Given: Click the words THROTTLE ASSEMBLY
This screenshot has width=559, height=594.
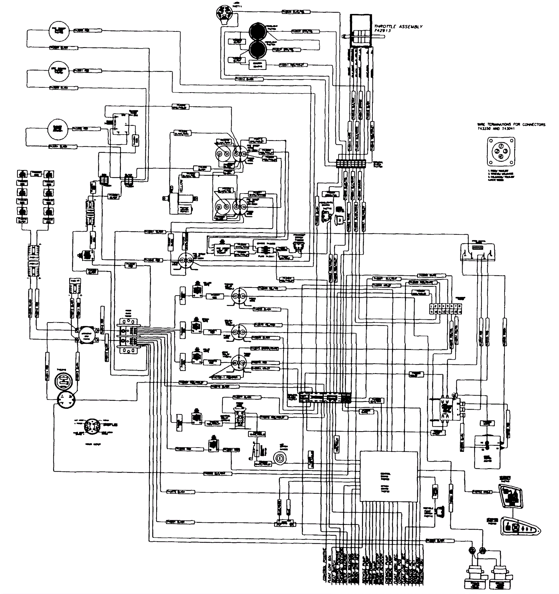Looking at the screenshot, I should point(398,27).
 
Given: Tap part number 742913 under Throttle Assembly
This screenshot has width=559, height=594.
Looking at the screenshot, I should point(382,31).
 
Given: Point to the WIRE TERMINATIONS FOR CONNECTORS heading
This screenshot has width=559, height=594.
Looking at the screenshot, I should point(511,124).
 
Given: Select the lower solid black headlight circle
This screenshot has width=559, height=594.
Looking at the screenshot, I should point(258,49).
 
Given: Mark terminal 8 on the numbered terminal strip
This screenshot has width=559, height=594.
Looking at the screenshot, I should point(460,306).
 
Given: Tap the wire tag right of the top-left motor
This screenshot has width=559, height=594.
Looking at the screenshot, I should point(81,31).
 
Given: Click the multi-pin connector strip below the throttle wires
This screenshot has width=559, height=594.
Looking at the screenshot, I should point(350,163).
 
